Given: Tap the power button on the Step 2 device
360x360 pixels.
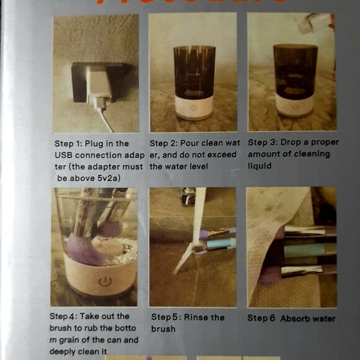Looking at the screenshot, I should tap(193, 107).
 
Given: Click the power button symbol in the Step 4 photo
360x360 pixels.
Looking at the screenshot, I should tap(104, 281).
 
